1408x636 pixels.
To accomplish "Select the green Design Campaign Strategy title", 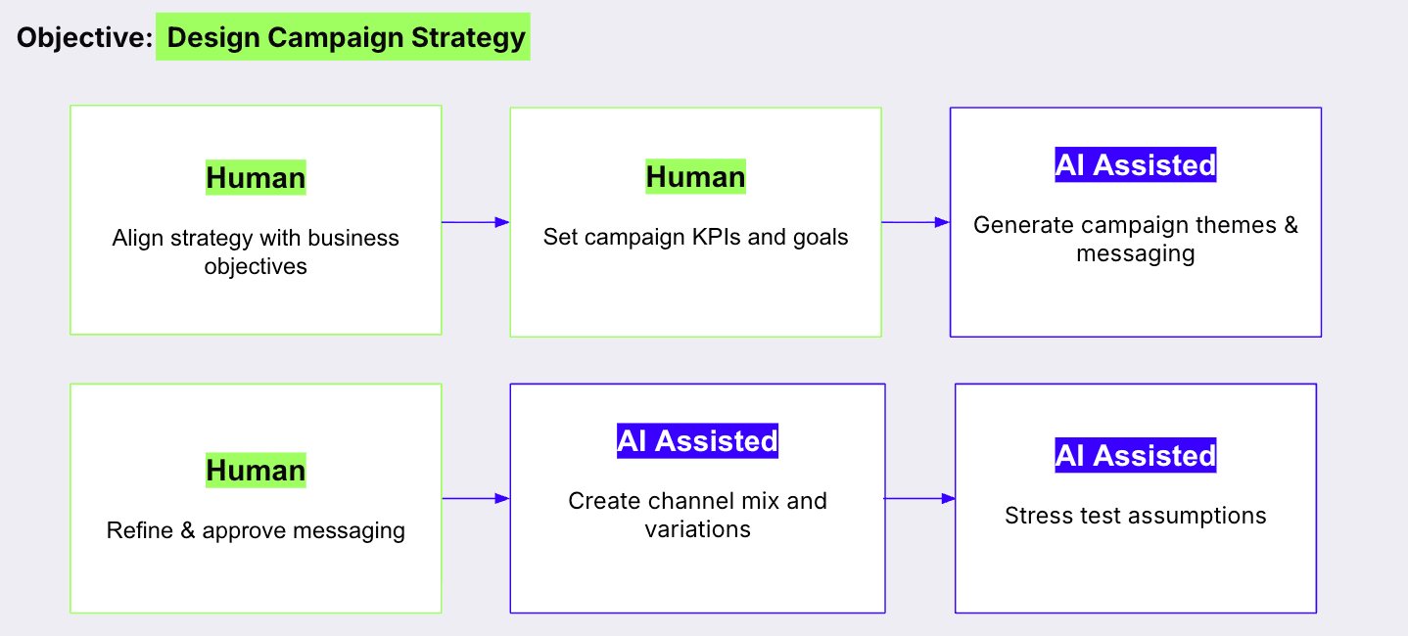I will tap(344, 37).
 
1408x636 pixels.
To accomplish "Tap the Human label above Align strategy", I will tap(256, 178).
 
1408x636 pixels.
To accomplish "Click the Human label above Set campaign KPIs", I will tap(695, 177).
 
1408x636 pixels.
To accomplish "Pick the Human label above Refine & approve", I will tap(256, 470).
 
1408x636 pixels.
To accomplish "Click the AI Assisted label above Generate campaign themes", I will tap(1135, 165).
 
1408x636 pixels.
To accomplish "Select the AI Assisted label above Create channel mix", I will tap(697, 441).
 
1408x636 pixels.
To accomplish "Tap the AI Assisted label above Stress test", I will tap(1135, 456).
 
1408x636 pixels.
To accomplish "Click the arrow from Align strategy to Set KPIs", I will tap(476, 222).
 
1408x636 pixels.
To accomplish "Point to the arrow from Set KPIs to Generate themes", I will tap(915, 222).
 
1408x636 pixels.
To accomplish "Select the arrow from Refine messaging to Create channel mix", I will tap(476, 499).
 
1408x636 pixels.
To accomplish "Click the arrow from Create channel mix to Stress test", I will tap(919, 499).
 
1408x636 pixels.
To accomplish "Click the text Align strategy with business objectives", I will tap(256, 251).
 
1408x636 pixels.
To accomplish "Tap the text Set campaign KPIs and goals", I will tap(695, 237).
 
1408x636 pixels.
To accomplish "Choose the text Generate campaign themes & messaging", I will tap(1135, 239).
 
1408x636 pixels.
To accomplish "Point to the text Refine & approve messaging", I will tap(256, 530).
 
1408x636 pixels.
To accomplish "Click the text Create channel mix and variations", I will tap(697, 515).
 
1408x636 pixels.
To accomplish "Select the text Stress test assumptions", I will tap(1135, 516).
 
